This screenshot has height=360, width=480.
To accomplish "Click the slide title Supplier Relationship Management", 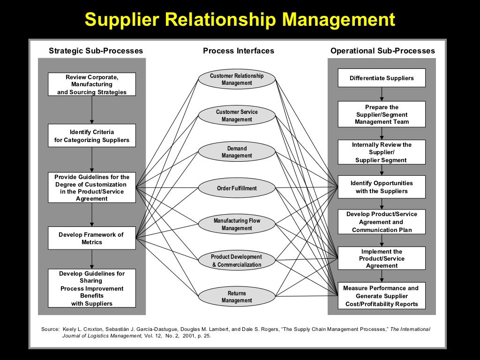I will (240, 20).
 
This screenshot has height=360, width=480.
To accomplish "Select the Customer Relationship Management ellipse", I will (237, 79).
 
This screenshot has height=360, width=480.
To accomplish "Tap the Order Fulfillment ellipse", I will (237, 188).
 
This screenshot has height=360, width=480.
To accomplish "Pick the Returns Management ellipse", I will (237, 297).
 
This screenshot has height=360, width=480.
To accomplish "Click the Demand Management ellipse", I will (237, 152).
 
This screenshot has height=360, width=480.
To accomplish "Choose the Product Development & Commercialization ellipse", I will (237, 261).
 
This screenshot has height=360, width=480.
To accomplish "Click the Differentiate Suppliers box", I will (382, 78).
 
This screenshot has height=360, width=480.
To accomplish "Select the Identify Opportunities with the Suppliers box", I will (382, 187).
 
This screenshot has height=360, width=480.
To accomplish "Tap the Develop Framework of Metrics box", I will (92, 238).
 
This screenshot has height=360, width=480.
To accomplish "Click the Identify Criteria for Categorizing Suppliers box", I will (92, 136).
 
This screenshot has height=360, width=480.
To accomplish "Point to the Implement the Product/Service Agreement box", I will (382, 258).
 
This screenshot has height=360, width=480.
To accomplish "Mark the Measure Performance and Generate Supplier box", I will (382, 296).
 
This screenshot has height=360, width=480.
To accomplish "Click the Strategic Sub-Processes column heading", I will (96, 51).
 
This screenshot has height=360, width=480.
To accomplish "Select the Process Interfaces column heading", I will (239, 51).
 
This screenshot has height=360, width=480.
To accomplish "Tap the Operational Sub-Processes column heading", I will (382, 51).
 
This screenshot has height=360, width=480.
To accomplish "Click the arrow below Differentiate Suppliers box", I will (382, 94).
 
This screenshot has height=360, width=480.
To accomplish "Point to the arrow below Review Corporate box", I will (92, 110).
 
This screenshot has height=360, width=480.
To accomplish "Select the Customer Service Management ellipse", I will (237, 116).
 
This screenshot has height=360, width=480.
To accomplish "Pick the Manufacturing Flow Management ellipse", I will (237, 225).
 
